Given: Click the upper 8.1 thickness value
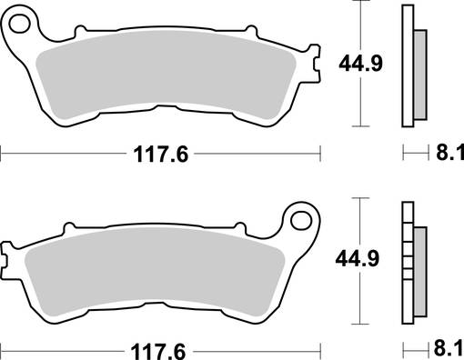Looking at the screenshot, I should (447, 154).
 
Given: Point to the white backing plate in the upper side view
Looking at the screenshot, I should (408, 68).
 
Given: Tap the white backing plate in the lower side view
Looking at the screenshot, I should (408, 268).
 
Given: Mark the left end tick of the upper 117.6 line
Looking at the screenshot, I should (2, 154).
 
